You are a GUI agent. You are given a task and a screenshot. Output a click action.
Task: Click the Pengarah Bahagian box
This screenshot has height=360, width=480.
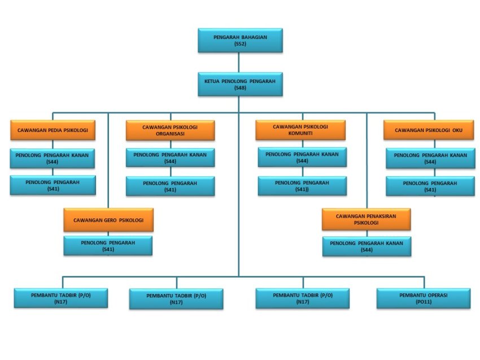(x=240, y=40)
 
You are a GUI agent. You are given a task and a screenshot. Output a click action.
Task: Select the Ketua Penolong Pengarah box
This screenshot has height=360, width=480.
(x=240, y=84)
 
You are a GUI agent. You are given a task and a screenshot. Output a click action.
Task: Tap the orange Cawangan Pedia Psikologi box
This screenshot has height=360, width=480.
(x=53, y=130)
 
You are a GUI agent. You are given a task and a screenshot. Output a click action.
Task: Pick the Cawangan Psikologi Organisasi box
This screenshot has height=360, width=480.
(x=170, y=130)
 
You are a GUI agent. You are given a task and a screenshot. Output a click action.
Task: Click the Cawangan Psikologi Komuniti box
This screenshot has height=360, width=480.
(x=300, y=130)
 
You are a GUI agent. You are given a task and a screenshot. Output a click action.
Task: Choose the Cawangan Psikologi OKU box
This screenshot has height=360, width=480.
(x=429, y=130)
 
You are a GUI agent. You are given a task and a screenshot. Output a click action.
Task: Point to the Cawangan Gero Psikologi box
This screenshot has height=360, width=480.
(x=108, y=219)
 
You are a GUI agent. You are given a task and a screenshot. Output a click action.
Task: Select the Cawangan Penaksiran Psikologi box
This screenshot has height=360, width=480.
(x=366, y=219)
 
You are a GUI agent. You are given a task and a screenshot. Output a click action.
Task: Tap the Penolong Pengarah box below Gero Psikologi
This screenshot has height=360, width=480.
(x=107, y=245)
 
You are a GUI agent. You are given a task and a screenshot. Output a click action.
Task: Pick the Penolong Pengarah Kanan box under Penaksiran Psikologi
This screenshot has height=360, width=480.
(x=366, y=246)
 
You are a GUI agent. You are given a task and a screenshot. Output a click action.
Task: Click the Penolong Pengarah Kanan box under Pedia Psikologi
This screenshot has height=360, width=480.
(x=53, y=157)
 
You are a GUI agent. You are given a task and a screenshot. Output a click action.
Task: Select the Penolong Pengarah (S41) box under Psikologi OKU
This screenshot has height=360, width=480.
(x=430, y=186)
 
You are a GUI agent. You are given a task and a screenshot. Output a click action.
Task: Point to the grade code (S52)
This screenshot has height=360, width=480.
(x=240, y=43)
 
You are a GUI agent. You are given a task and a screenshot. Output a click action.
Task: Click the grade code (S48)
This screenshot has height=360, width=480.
(x=240, y=88)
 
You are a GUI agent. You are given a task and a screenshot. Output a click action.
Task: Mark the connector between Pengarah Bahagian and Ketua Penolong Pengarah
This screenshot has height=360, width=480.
(x=239, y=62)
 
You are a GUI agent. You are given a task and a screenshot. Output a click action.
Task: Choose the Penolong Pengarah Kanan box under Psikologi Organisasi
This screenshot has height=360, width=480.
(x=170, y=157)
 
